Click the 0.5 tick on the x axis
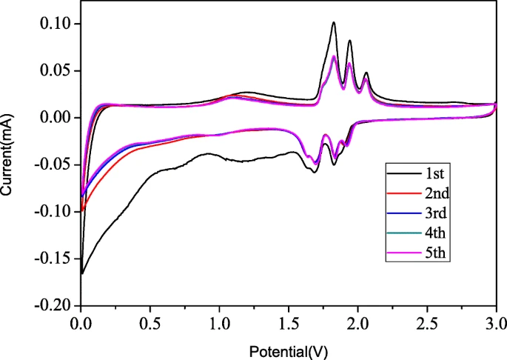pos(150,324)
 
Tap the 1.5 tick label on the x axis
pos(288,324)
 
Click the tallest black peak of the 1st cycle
pos(334,22)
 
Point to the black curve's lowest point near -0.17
pos(81,273)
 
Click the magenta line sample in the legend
pos(400,254)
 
